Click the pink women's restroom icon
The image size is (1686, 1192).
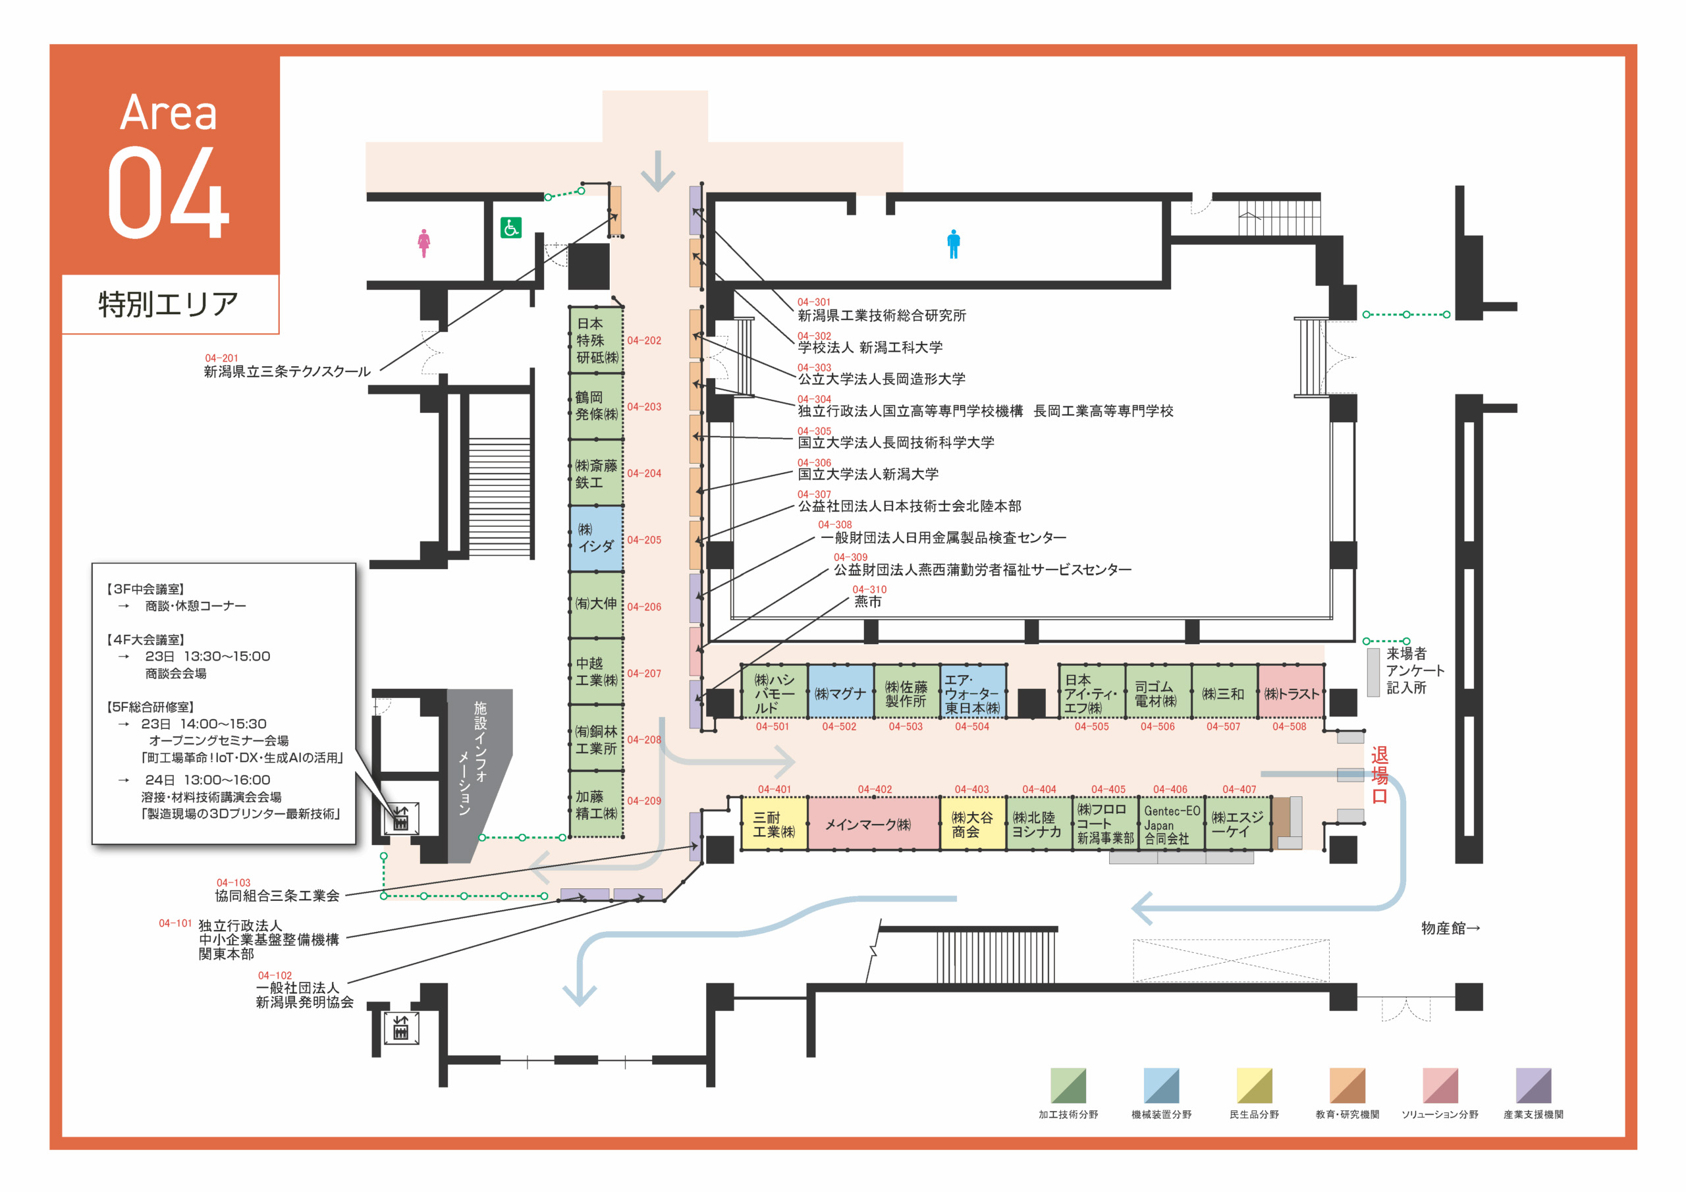coord(423,243)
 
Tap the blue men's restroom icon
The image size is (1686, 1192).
coord(953,244)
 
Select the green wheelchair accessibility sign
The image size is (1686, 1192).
coord(511,228)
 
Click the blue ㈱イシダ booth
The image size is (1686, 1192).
coord(597,538)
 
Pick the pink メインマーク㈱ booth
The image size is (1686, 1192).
coord(874,824)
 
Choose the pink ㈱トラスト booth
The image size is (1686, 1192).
coord(1291,692)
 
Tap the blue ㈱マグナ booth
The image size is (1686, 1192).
coord(841,692)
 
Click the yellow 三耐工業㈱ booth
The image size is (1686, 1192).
coord(775,824)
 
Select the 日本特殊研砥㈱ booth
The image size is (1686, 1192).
coord(597,340)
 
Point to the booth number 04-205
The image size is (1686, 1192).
coord(644,540)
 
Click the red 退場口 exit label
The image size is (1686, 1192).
coord(1379,775)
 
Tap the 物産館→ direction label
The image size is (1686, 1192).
coord(1450,929)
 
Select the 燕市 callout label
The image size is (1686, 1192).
coord(867,601)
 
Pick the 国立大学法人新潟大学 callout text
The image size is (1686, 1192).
coord(868,474)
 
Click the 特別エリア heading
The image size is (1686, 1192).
coord(169,304)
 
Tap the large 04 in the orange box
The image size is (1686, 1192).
coord(169,192)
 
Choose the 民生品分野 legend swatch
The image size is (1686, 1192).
coord(1254,1085)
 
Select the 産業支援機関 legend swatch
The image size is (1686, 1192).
coord(1534,1085)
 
